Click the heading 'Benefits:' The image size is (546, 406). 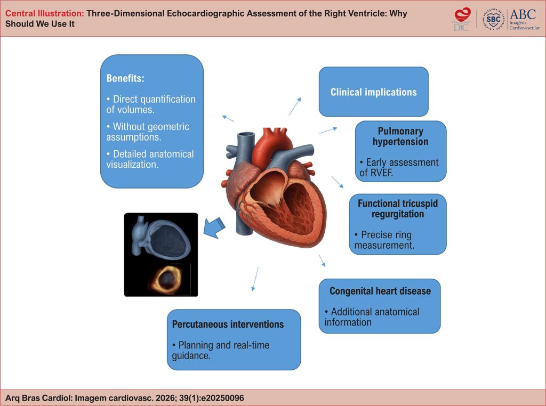point(125,78)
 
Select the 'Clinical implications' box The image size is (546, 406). point(373,92)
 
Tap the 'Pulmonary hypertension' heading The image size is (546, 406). point(400,136)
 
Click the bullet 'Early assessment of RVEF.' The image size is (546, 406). point(399,167)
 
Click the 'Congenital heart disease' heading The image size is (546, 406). point(380,291)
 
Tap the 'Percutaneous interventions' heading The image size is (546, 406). point(228,324)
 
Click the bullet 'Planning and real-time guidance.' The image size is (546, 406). point(224,350)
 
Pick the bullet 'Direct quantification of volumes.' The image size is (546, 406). point(151,104)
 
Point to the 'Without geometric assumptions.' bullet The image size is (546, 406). point(148,132)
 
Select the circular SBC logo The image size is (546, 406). point(494,19)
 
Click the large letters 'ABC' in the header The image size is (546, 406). point(523,13)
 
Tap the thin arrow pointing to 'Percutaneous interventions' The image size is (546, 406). point(255,279)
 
